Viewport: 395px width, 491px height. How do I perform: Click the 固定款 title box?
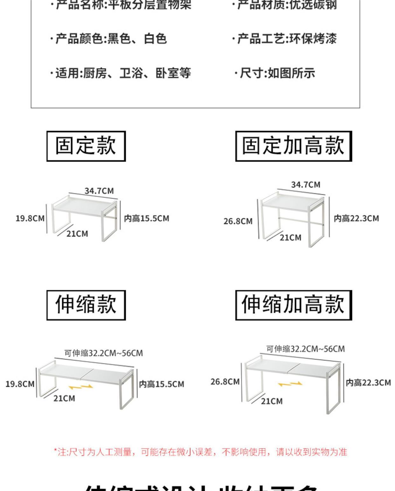[86, 146]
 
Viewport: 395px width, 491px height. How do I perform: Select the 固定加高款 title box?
[293, 146]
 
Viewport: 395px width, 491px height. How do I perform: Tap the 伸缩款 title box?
[86, 305]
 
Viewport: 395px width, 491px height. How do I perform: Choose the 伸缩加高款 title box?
[293, 305]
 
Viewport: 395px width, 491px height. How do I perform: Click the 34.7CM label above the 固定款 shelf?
[99, 191]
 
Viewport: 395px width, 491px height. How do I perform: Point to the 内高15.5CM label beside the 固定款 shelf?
[146, 219]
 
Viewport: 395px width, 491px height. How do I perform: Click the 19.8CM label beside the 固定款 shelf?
[30, 219]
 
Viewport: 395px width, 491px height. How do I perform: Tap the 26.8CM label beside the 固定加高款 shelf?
[238, 221]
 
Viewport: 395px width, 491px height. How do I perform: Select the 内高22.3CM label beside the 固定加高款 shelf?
[356, 219]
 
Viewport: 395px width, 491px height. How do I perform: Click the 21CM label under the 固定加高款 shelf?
[290, 238]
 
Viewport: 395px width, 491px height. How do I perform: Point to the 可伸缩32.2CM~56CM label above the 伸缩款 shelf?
[103, 353]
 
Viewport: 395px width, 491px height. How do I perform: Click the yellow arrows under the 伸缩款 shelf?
[81, 387]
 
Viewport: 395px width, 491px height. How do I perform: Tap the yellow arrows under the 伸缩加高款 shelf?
[290, 384]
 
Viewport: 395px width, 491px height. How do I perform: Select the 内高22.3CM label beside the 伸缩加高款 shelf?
[368, 383]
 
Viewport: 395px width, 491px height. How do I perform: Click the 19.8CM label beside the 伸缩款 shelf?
[20, 384]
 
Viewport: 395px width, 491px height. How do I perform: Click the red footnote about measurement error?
[200, 452]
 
